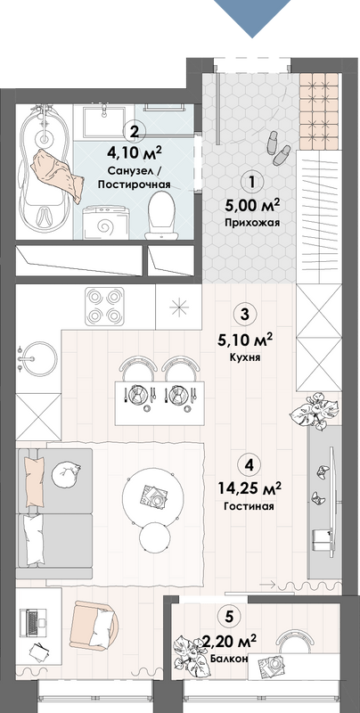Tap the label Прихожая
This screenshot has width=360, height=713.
pos(251,223)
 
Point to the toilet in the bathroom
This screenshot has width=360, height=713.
pos(161,215)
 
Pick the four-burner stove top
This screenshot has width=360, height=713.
pos(104,305)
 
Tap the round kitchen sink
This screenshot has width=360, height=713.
pos(37,358)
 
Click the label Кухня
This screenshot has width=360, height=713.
pos(245,358)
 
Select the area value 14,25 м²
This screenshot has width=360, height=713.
pos(250,488)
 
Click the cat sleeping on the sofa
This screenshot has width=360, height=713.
pos(66,473)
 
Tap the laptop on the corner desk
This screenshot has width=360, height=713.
pos(35,623)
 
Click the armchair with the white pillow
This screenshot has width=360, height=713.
pos(95,625)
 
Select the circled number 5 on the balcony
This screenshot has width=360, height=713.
pos(229,617)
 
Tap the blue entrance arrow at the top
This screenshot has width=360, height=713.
pos(252,16)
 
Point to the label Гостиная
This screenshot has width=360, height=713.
pos(250,506)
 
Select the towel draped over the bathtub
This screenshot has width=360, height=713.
pos(57,175)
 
